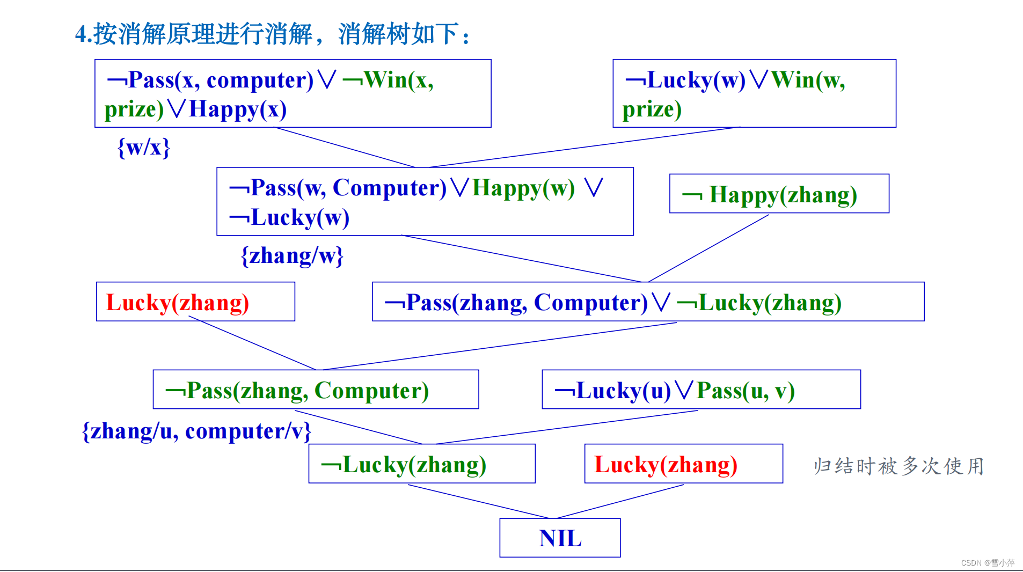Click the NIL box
(560, 538)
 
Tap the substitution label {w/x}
(144, 147)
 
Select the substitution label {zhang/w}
(292, 255)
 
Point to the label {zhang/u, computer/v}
(196, 431)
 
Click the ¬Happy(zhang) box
(779, 194)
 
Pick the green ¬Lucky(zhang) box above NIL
(421, 464)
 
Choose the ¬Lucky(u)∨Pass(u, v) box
(701, 390)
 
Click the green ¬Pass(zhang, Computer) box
(316, 390)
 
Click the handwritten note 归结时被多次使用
(898, 466)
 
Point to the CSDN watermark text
(987, 562)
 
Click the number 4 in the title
(81, 34)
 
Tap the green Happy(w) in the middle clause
(523, 188)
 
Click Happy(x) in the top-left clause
(238, 109)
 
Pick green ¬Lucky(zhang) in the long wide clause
(759, 303)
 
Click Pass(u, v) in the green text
(746, 391)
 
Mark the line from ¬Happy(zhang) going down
(708, 248)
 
